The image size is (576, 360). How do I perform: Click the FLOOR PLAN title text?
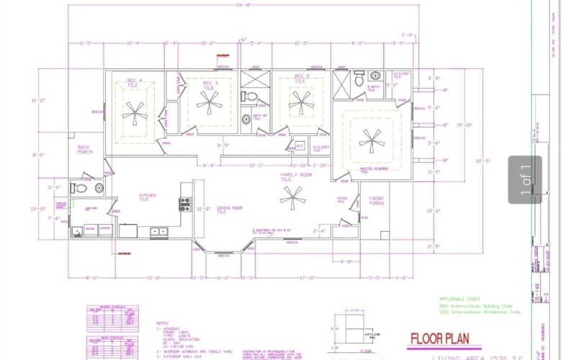coord(445,338)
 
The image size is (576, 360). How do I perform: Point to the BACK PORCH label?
coord(86,149)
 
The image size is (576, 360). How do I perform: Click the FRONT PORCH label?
coord(377,201)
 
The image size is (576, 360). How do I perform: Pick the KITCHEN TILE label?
coord(148,197)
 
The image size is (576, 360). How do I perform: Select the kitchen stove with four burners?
coord(185,204)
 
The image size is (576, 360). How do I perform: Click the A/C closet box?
coord(300,145)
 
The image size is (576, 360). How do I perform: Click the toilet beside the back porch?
coord(81,189)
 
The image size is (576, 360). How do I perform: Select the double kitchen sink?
coord(159,232)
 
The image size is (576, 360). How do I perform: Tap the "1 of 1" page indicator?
coord(525,180)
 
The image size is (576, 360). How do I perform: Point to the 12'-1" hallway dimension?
coord(256,166)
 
